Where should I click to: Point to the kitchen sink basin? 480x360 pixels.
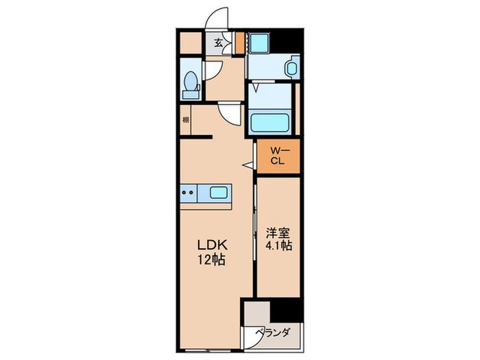pyautogui.click(x=219, y=193)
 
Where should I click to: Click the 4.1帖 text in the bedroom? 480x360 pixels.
pyautogui.click(x=278, y=245)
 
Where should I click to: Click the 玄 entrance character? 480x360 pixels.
pyautogui.click(x=218, y=43)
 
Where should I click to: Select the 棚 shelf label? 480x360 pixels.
pyautogui.click(x=186, y=121)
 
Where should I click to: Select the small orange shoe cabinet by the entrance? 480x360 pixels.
pyautogui.click(x=239, y=43)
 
